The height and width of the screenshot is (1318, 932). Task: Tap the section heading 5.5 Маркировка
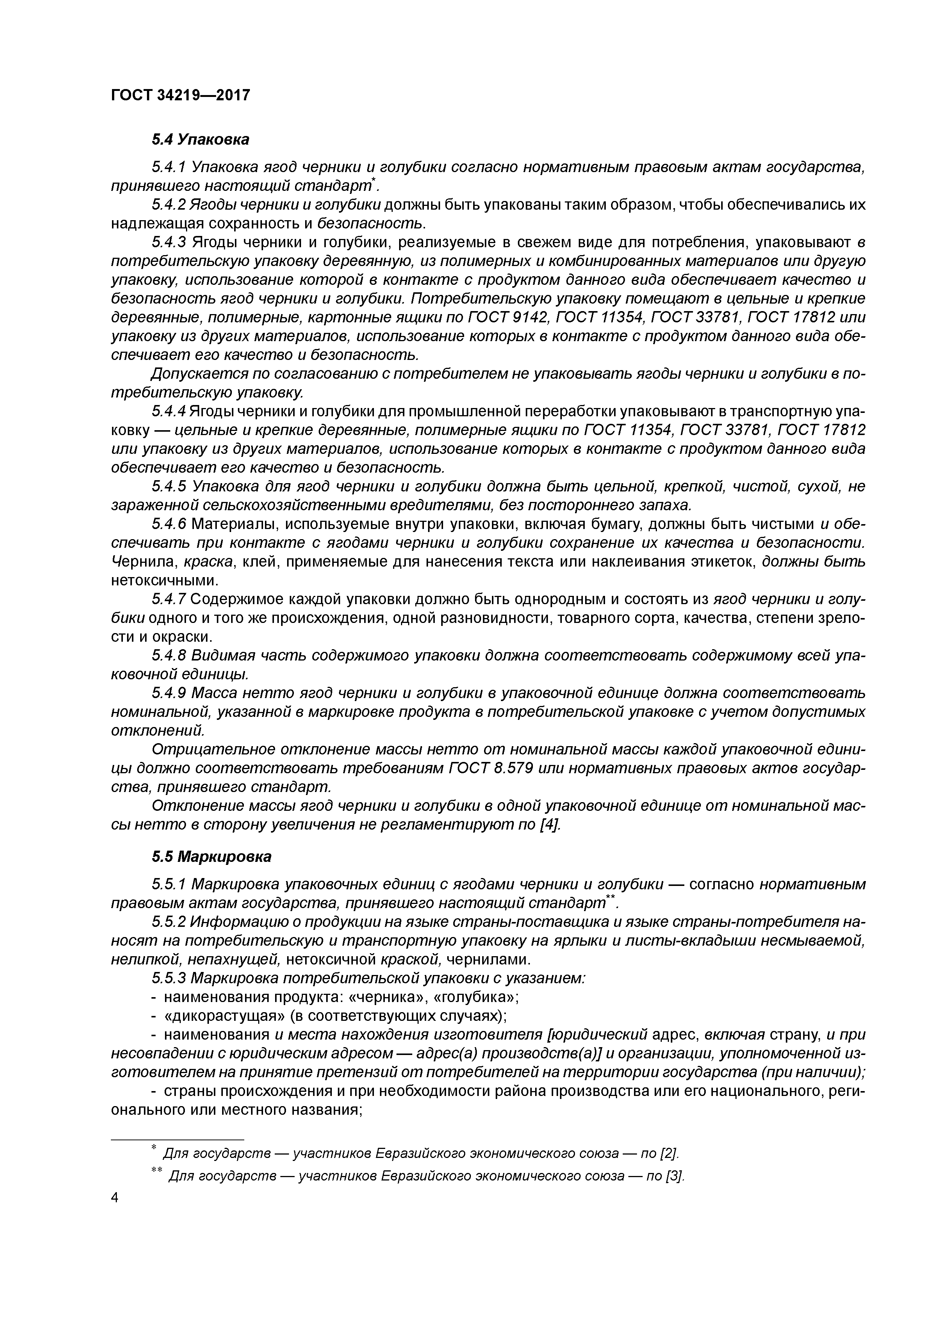pos(211,857)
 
